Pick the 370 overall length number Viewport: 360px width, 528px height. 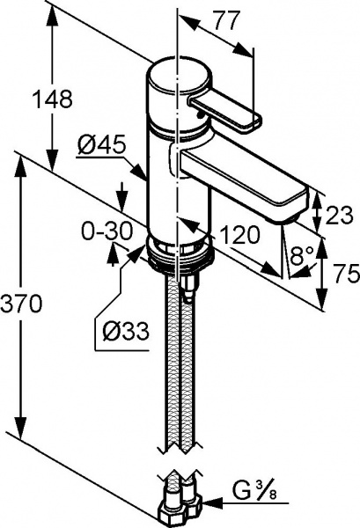point(20,304)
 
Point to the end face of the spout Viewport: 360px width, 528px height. point(295,203)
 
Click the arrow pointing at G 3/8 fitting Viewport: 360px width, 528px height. point(215,502)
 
